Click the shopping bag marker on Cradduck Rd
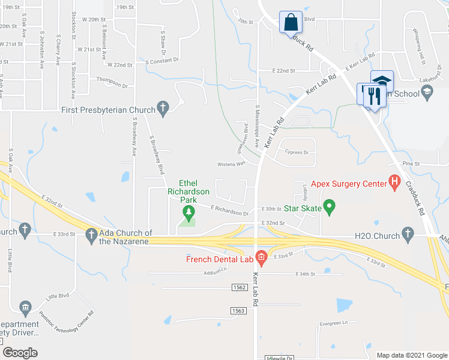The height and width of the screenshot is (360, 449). pyautogui.click(x=291, y=22)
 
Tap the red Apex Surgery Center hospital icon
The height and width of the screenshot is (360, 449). pyautogui.click(x=394, y=182)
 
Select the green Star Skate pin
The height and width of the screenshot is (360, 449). pyautogui.click(x=328, y=208)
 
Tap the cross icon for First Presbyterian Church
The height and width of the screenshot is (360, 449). pyautogui.click(x=162, y=109)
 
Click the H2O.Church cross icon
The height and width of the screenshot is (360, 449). pyautogui.click(x=408, y=235)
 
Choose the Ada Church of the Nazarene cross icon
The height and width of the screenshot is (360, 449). pyautogui.click(x=91, y=236)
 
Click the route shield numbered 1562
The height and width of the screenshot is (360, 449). pyautogui.click(x=239, y=288)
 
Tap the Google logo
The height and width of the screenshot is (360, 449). pyautogui.click(x=20, y=353)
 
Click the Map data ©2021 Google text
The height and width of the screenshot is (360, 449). pyautogui.click(x=412, y=355)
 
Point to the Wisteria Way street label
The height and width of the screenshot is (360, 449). pyautogui.click(x=231, y=163)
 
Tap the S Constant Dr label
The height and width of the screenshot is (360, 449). pyautogui.click(x=162, y=61)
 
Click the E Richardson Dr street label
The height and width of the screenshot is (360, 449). pyautogui.click(x=229, y=211)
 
